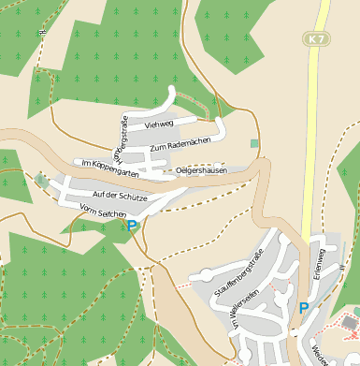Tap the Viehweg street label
pyautogui.click(x=160, y=123)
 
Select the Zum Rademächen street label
pyautogui.click(x=180, y=143)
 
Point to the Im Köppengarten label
pyautogui.click(x=110, y=167)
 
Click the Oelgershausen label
pyautogui.click(x=202, y=170)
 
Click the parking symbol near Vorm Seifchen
pyautogui.click(x=133, y=226)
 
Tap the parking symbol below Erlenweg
pyautogui.click(x=304, y=307)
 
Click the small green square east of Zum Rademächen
pyautogui.click(x=254, y=143)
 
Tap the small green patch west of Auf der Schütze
pyautogui.click(x=41, y=180)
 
